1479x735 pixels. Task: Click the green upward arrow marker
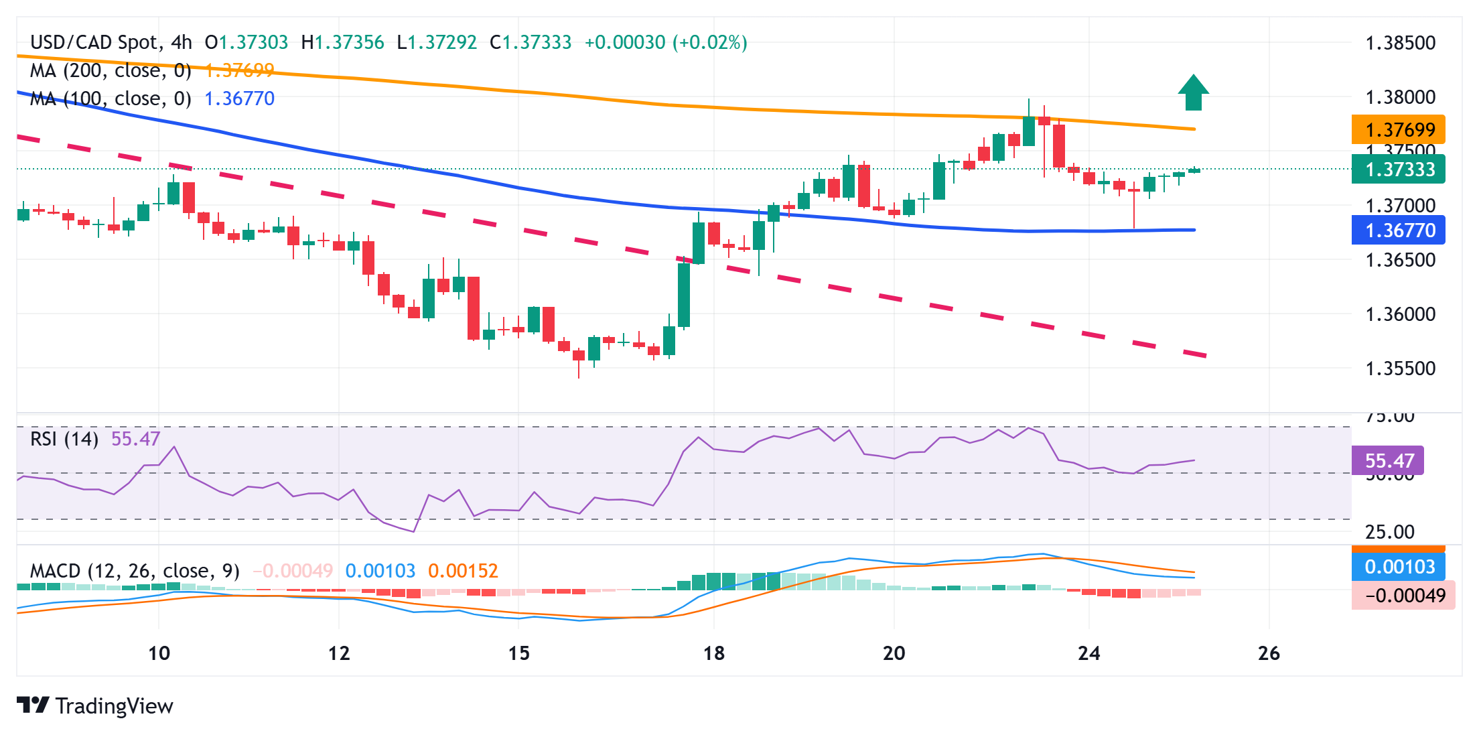(1193, 93)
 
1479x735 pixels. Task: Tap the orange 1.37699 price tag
(1398, 129)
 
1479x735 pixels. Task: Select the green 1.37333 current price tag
(1398, 169)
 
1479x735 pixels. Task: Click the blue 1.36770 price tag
(1398, 230)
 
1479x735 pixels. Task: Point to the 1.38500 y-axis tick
(1400, 43)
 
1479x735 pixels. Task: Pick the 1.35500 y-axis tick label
(1400, 369)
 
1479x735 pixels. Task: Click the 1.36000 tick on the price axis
(1400, 314)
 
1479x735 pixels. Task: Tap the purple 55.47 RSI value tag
(1387, 461)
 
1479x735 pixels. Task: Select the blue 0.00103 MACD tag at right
(1398, 567)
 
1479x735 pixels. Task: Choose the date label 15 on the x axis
(518, 653)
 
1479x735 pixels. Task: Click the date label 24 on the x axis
(1088, 653)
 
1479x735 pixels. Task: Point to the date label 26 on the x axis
(1269, 653)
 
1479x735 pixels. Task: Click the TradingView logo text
(114, 706)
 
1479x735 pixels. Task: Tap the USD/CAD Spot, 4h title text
(111, 42)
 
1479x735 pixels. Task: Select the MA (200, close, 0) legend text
(111, 70)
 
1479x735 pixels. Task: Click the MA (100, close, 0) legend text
(111, 98)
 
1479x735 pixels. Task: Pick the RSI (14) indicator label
(64, 439)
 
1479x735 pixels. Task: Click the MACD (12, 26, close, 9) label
(135, 571)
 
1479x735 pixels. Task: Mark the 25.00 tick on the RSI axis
(1389, 532)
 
